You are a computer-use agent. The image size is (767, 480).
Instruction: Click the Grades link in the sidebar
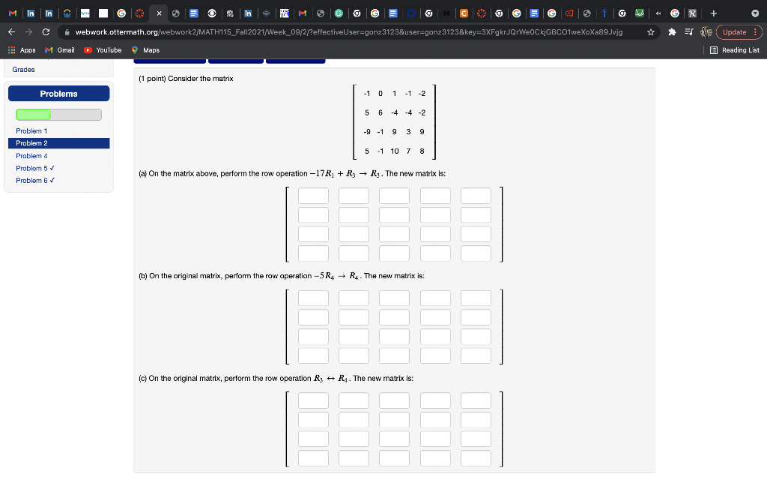click(x=24, y=69)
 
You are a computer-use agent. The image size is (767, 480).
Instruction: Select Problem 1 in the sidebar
click(x=31, y=130)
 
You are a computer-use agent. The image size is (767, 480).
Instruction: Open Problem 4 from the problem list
click(x=31, y=155)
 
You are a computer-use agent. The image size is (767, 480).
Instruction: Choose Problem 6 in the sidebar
click(x=35, y=180)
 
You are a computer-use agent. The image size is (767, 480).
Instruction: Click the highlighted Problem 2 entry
click(x=31, y=142)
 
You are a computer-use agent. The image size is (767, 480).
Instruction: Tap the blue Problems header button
click(x=58, y=94)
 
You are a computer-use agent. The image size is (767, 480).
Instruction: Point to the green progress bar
click(x=34, y=115)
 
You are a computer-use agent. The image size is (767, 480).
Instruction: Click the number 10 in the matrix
click(x=394, y=151)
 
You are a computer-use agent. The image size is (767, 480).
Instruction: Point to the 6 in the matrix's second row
click(x=381, y=112)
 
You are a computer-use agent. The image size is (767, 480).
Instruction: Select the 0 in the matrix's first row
click(x=381, y=94)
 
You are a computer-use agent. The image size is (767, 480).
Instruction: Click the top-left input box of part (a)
click(x=313, y=196)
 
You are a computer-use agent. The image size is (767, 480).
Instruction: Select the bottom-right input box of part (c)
click(x=476, y=457)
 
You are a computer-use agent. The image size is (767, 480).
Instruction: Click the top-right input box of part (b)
click(x=476, y=298)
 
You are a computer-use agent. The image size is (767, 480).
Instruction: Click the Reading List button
click(x=734, y=50)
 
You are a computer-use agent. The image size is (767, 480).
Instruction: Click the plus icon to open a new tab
click(x=715, y=12)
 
